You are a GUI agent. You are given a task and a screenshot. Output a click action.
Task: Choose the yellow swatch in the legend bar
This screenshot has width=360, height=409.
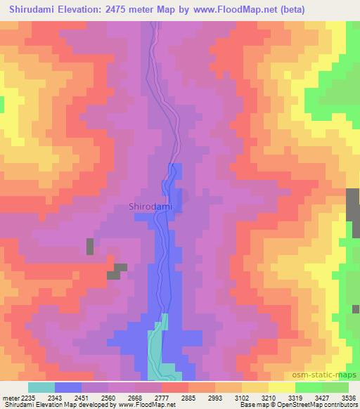[x=282, y=387]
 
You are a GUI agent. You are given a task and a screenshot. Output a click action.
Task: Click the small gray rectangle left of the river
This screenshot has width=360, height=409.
[x=90, y=247]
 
